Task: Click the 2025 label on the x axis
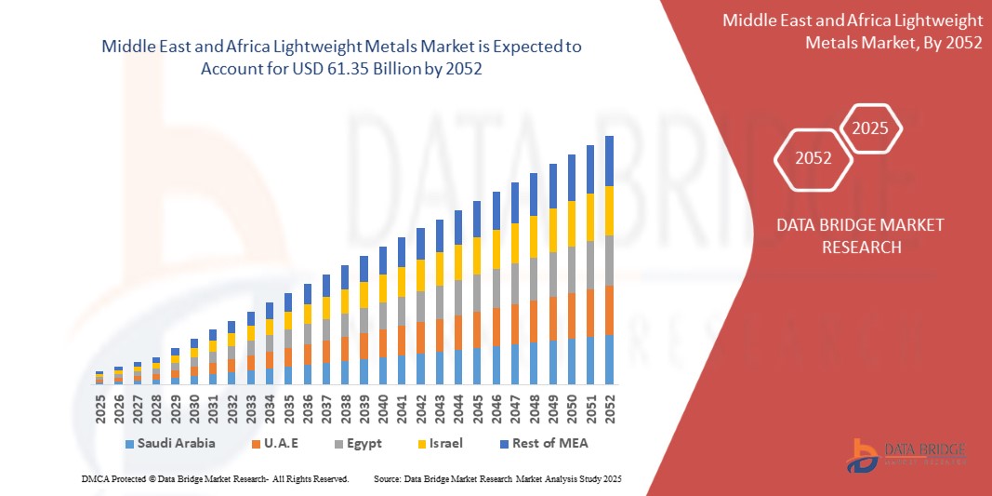click(x=99, y=409)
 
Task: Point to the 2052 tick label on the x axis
click(x=610, y=409)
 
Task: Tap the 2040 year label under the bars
click(x=383, y=409)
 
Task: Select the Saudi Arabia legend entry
click(x=169, y=443)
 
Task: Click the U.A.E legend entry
click(x=275, y=443)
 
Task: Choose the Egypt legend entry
click(x=359, y=443)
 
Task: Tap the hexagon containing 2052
click(x=813, y=158)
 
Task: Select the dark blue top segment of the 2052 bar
click(x=610, y=161)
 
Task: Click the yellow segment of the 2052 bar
click(x=610, y=210)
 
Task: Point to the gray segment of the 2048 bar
click(x=534, y=278)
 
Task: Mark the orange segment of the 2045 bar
click(x=477, y=329)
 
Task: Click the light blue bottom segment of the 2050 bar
click(x=572, y=361)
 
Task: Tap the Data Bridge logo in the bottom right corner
click(x=906, y=453)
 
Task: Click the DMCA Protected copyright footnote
click(x=215, y=478)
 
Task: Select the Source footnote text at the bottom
click(x=496, y=478)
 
